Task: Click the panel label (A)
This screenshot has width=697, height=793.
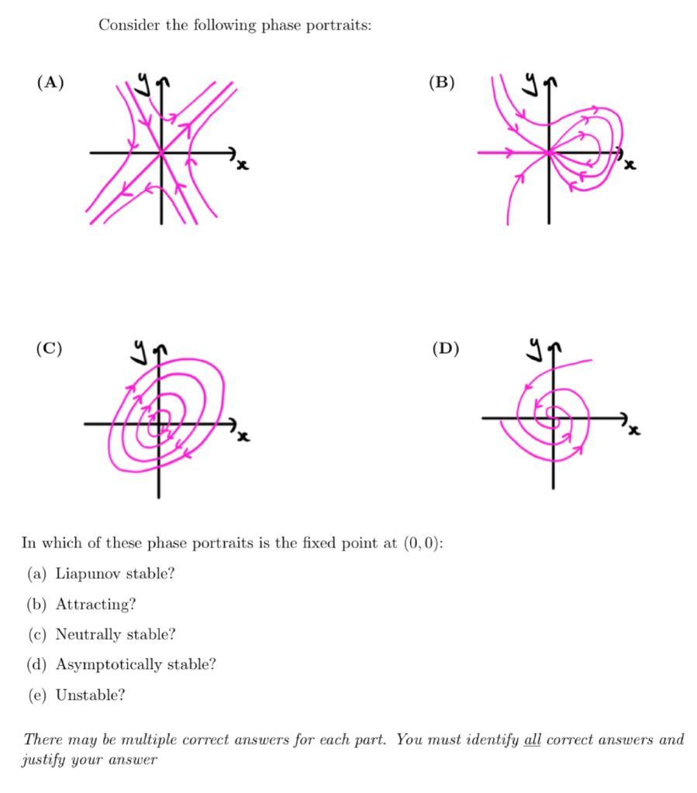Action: [50, 83]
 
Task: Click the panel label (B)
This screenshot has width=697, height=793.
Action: [442, 83]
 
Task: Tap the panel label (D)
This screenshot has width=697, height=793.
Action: [444, 348]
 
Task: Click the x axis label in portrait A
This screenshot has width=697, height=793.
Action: [242, 164]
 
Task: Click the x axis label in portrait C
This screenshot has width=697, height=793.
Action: [243, 438]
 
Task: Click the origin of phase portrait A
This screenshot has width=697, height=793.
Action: [161, 153]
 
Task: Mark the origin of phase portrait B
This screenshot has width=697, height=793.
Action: [549, 153]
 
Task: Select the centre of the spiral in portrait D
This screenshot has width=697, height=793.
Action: [554, 419]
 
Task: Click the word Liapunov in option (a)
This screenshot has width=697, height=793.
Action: [88, 574]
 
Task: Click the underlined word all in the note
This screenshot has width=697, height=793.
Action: [533, 739]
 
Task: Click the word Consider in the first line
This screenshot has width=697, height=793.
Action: [126, 26]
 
